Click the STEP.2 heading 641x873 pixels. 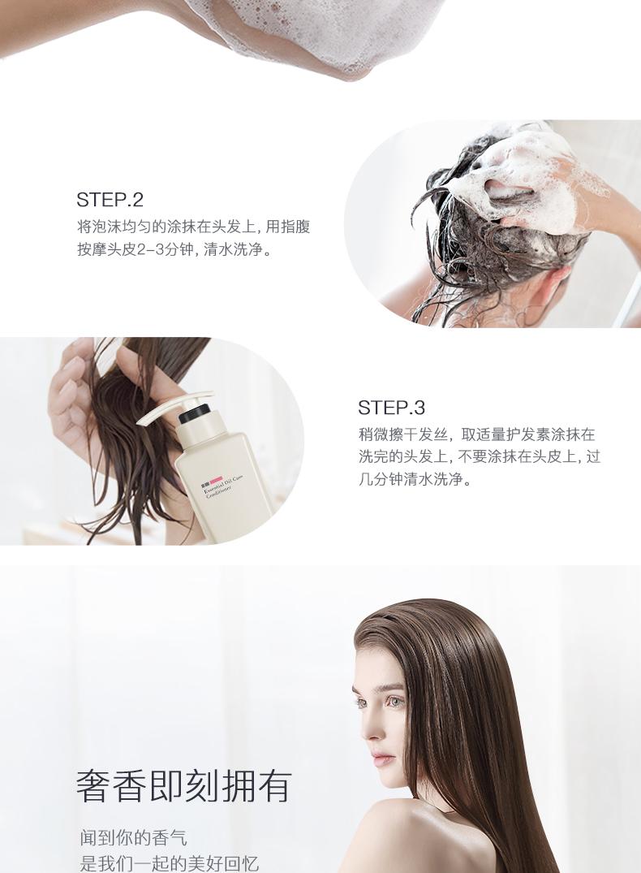(x=110, y=199)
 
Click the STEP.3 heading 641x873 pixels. (x=391, y=407)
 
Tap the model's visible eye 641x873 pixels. (x=396, y=700)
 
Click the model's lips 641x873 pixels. (x=380, y=758)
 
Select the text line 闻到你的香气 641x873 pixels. (x=134, y=836)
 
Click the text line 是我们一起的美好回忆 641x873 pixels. (x=170, y=863)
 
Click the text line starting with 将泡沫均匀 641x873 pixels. (x=193, y=227)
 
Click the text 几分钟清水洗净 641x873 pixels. (x=415, y=479)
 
